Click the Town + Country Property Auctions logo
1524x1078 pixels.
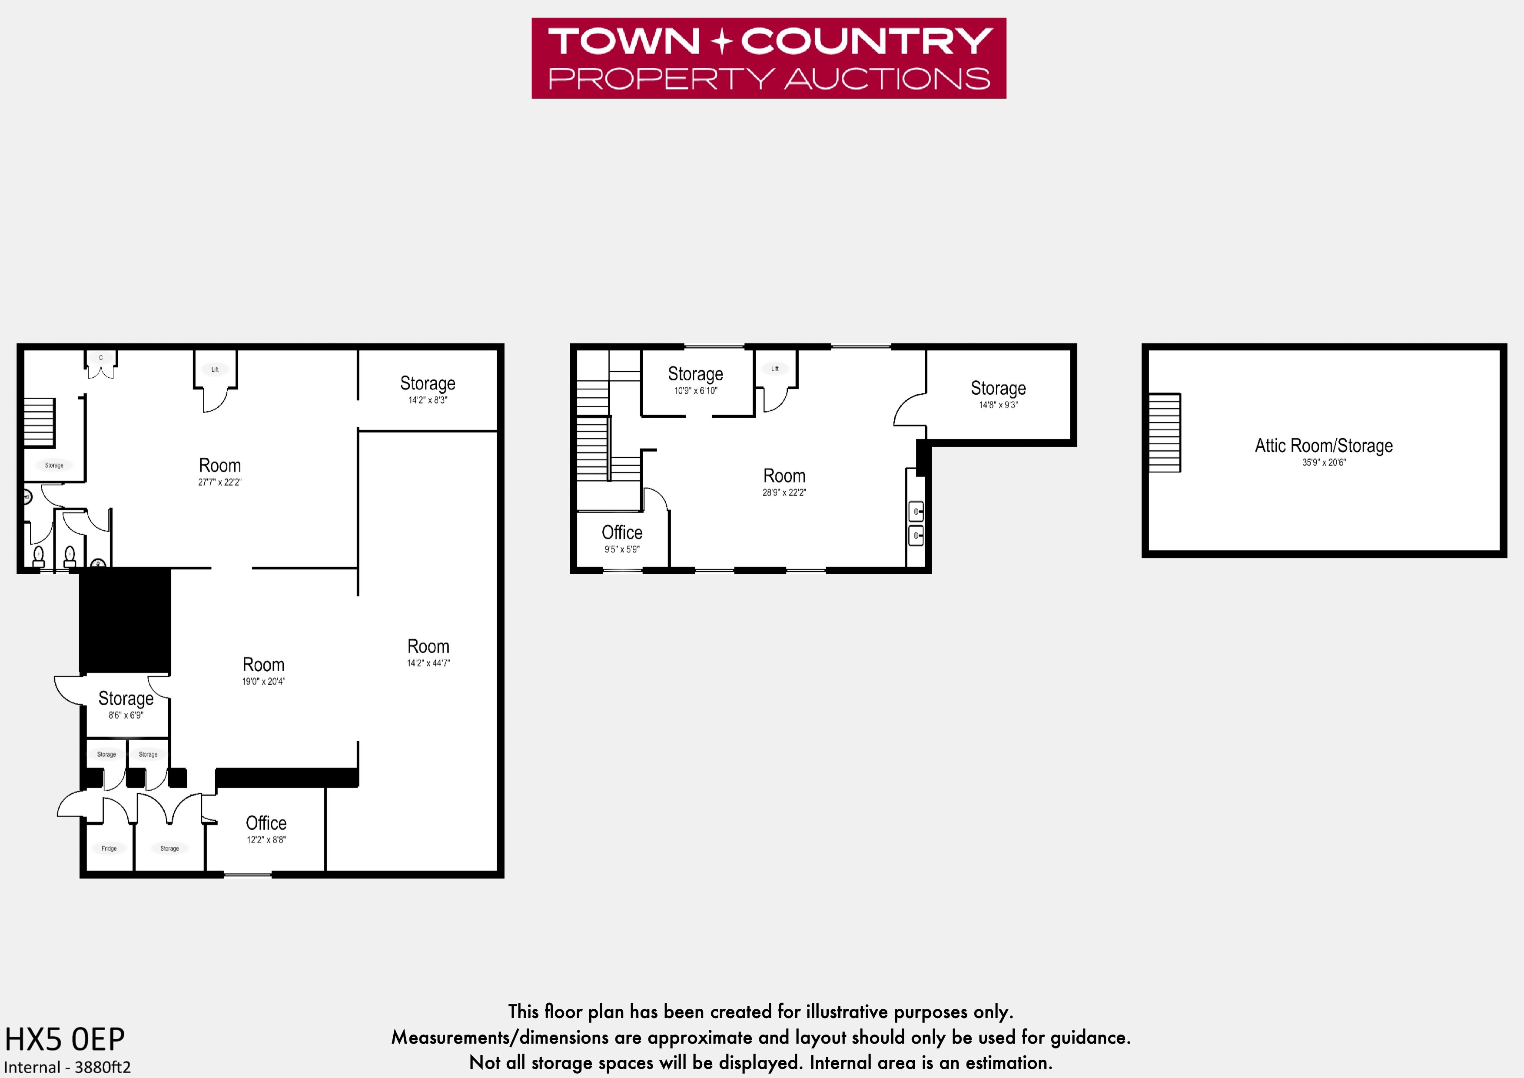tap(769, 58)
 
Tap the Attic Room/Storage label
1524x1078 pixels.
tap(1324, 446)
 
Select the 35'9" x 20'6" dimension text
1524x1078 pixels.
tap(1324, 462)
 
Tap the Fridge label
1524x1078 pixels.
tap(109, 848)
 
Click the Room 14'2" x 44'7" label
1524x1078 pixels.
tap(428, 652)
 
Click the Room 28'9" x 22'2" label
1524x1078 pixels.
tap(784, 482)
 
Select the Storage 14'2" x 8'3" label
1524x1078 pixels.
tap(428, 389)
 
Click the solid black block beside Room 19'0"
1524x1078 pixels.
tap(125, 621)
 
